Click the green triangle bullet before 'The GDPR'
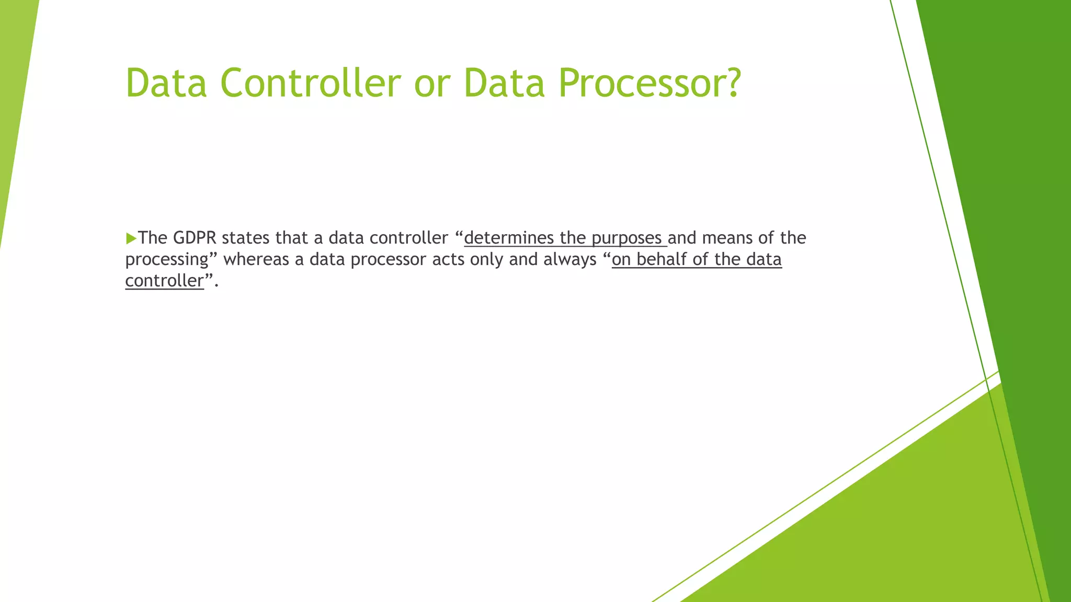(131, 239)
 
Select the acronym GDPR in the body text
(194, 238)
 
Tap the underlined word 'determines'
(508, 238)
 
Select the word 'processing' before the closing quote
(167, 260)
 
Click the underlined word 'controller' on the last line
(164, 281)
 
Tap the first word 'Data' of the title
(166, 83)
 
